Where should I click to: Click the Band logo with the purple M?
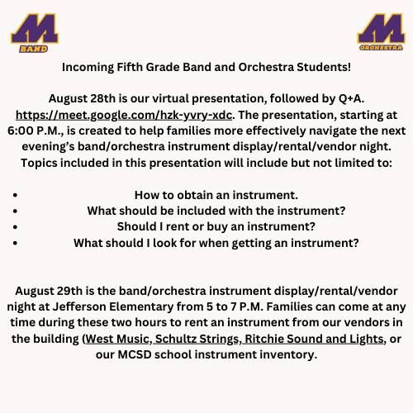(x=35, y=32)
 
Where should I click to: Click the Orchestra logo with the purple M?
(x=381, y=31)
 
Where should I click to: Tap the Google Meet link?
(x=124, y=115)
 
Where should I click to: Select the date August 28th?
(x=82, y=98)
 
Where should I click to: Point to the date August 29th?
(x=49, y=291)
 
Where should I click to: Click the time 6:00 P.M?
(x=36, y=131)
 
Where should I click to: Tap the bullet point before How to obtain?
(x=15, y=195)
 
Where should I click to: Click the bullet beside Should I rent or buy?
(x=15, y=227)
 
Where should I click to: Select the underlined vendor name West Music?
(x=117, y=339)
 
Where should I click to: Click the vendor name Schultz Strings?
(x=197, y=339)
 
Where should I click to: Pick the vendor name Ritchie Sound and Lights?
(x=314, y=339)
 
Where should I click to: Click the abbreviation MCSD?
(x=135, y=354)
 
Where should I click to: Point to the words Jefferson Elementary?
(x=113, y=307)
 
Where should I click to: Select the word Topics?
(x=39, y=163)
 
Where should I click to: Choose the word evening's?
(x=48, y=147)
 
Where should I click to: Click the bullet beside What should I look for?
(x=15, y=243)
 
